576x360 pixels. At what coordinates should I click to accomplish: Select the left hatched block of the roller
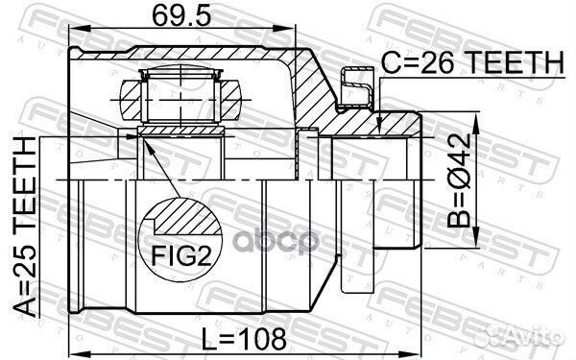point(133,96)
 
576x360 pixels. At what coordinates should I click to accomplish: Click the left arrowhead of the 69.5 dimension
point(76,35)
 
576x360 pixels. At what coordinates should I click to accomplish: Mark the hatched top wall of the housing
point(192,55)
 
